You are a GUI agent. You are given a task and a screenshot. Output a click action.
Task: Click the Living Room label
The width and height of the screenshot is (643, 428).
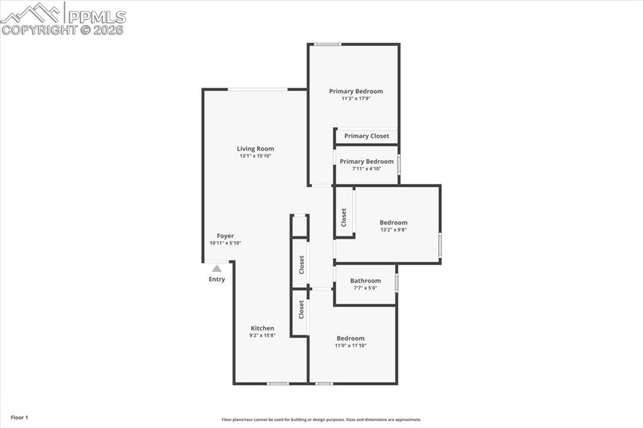tap(256, 149)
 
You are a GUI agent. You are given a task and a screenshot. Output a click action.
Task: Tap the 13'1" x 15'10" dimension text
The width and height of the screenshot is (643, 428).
tap(256, 156)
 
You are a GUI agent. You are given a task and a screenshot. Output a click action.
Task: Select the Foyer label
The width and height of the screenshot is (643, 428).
tap(225, 236)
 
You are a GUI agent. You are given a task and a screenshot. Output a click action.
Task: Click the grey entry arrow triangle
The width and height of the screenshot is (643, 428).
tap(217, 268)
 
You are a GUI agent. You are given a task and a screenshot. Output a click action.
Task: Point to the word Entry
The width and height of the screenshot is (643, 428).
tap(217, 279)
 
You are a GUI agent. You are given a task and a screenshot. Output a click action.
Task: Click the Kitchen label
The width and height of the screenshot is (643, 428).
tap(262, 328)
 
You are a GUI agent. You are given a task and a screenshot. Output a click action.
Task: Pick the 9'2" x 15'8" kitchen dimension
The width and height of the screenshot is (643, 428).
tap(262, 336)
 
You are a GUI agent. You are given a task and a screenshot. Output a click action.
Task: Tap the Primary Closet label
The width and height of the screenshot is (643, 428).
tap(367, 136)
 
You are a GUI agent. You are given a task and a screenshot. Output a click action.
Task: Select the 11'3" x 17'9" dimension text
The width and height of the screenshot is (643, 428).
tap(356, 99)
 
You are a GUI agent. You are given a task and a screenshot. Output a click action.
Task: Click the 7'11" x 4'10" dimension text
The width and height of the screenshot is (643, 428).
tap(367, 169)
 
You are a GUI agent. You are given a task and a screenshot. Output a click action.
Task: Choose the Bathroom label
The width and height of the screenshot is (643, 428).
tap(365, 281)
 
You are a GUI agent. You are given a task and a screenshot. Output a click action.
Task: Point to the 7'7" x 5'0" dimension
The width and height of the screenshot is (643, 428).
tap(365, 288)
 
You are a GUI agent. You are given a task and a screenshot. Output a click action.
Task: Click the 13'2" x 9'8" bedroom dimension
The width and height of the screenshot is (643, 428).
tap(393, 230)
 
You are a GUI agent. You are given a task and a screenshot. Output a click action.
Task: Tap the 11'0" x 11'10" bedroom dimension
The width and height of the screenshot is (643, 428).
tap(350, 346)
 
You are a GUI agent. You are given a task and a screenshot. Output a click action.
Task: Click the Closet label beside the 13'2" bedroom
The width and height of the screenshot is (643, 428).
tap(344, 218)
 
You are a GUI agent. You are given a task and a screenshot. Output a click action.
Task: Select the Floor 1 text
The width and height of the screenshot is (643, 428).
tap(19, 417)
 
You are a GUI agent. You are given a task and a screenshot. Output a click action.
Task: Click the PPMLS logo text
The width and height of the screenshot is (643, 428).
tap(97, 17)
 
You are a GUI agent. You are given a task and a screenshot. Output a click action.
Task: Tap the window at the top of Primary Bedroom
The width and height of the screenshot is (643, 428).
tap(327, 44)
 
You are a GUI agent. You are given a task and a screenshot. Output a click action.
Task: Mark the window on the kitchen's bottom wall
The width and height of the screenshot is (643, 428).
tap(278, 383)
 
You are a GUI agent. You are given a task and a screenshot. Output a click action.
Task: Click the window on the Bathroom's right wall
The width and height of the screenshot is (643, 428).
tap(396, 283)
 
